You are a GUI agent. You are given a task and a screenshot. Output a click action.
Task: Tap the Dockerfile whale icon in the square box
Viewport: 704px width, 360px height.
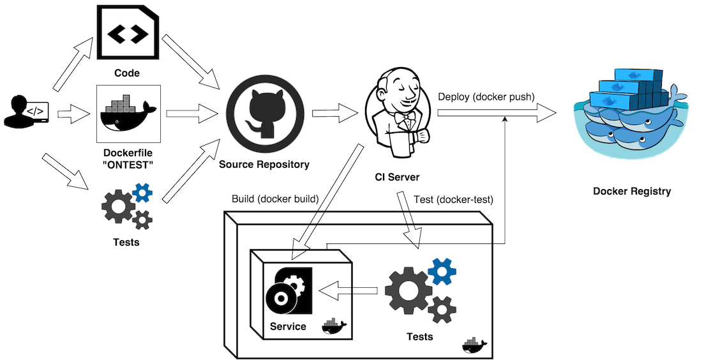point(127,114)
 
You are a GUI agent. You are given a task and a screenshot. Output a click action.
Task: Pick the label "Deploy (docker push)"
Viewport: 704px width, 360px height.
point(486,97)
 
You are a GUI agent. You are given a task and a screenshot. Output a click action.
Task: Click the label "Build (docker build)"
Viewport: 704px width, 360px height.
point(275,199)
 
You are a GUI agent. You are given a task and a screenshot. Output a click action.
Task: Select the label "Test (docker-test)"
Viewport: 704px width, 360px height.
point(453,199)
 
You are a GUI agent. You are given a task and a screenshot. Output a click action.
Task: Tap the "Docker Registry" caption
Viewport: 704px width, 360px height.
point(632,191)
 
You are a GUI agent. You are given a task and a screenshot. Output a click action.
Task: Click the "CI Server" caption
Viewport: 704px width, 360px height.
point(397,176)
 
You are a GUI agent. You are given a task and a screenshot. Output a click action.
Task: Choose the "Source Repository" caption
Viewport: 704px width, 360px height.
point(264,165)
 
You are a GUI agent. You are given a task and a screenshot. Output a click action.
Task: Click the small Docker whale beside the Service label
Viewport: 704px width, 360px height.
point(334,327)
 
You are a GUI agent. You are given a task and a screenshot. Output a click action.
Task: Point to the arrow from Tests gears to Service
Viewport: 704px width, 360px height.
point(348,291)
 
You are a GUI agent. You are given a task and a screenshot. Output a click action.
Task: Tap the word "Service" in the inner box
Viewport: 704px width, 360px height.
point(288,327)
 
